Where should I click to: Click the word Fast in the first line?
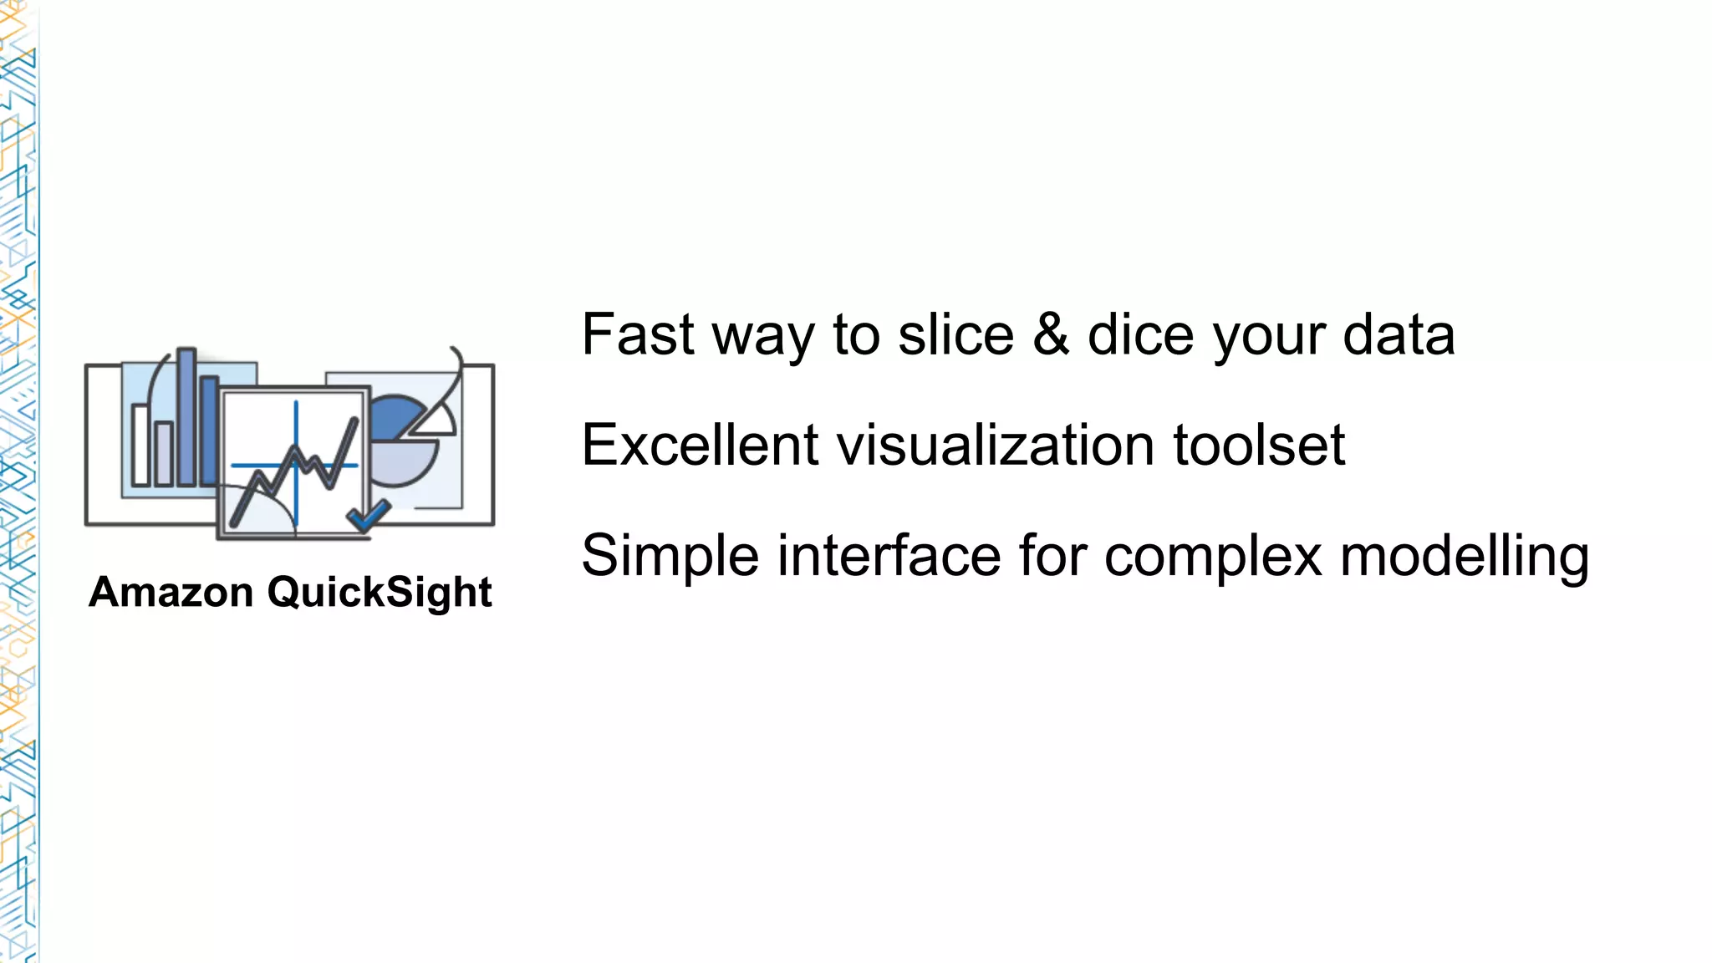click(638, 334)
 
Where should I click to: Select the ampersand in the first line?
click(1051, 334)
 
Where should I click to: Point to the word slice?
click(955, 334)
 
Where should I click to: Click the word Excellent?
click(700, 445)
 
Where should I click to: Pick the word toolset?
click(1259, 445)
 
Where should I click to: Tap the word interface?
click(888, 555)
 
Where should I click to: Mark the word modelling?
click(1465, 557)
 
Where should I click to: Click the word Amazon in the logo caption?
click(171, 592)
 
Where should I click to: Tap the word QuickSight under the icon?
click(380, 594)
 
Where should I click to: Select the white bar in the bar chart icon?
click(140, 445)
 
